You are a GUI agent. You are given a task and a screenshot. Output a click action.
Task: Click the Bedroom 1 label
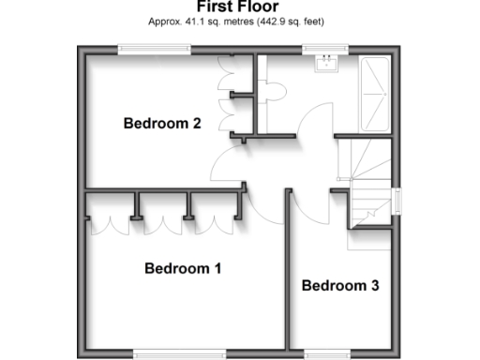[x=182, y=269]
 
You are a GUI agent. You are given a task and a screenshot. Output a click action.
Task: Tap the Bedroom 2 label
[x=162, y=123]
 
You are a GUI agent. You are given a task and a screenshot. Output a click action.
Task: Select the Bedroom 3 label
[x=339, y=286]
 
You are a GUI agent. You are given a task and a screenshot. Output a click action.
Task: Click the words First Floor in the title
[x=239, y=7]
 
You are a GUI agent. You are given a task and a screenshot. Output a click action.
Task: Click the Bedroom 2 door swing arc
[x=225, y=164]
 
